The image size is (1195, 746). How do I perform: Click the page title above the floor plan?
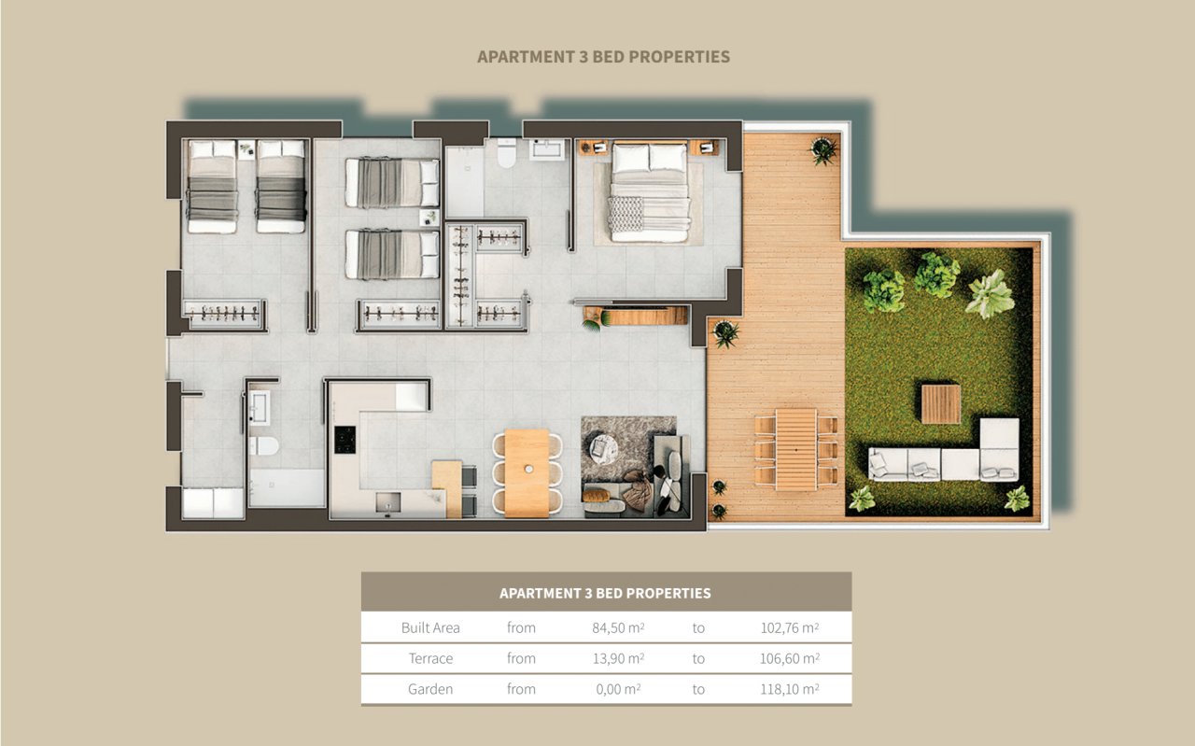click(x=603, y=57)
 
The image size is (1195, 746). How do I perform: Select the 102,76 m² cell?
click(x=790, y=627)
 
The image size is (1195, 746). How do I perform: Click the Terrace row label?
click(x=430, y=658)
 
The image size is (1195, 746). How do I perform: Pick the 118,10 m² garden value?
click(x=790, y=689)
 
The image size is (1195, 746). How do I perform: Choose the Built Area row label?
click(x=430, y=627)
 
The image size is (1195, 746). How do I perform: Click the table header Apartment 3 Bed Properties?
click(x=605, y=593)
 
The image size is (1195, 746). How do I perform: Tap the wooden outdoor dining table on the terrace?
click(x=795, y=449)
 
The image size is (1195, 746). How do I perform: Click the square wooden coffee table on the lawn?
click(x=940, y=403)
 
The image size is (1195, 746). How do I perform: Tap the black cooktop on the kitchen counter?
click(x=344, y=440)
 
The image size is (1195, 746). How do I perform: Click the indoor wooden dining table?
click(x=527, y=472)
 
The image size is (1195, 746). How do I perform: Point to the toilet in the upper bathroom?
click(x=507, y=153)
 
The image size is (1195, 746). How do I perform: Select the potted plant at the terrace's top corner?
click(x=822, y=149)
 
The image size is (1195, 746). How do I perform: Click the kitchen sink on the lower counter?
click(x=386, y=502)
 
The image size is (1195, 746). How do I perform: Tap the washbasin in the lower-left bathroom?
click(x=259, y=407)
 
